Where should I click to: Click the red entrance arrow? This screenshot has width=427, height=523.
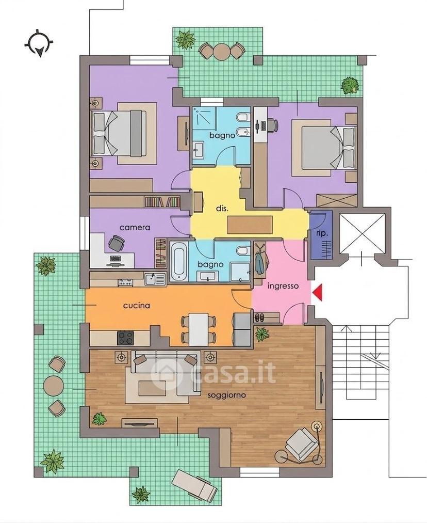click(x=318, y=293)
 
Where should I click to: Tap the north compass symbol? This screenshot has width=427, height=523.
click(x=39, y=44)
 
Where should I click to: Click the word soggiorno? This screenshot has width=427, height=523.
click(x=227, y=395)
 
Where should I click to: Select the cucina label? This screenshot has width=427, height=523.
click(x=137, y=305)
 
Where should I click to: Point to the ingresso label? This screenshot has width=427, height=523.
click(x=283, y=286)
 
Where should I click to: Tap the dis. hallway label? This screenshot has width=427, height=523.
click(x=222, y=209)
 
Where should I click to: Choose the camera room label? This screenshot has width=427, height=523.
click(x=135, y=228)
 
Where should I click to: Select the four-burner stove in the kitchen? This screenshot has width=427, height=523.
click(x=126, y=338)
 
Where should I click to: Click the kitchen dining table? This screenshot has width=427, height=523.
click(x=199, y=330)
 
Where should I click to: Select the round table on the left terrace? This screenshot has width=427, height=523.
click(x=54, y=386)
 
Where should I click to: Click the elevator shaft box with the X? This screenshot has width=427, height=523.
click(x=362, y=233)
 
